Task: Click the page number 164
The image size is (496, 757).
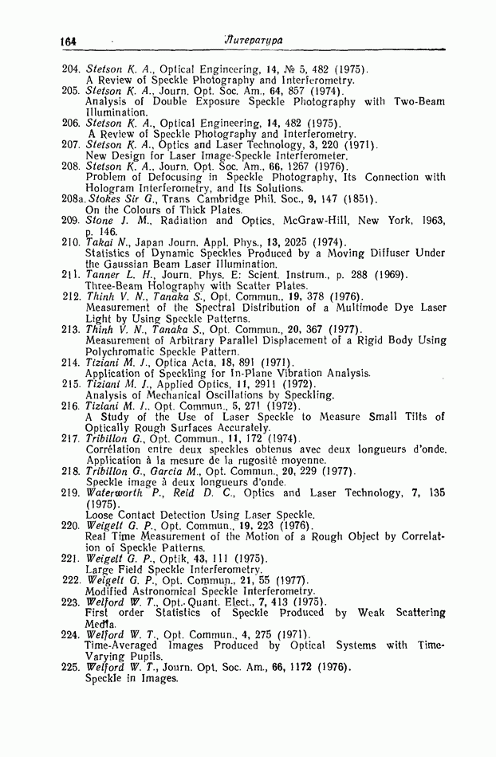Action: [67, 40]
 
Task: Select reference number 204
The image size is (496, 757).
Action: [72, 69]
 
